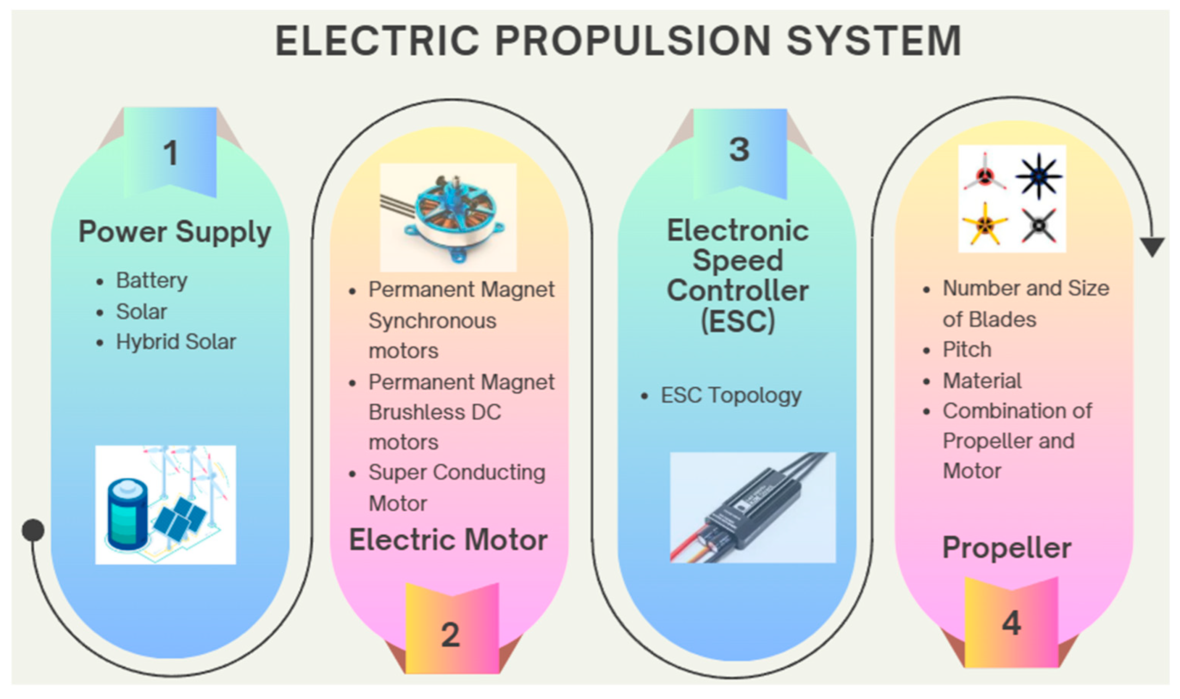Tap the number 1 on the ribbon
(x=171, y=153)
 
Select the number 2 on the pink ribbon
(x=450, y=635)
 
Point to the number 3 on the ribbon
(x=739, y=150)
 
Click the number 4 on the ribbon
(x=1011, y=623)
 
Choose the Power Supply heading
(x=175, y=232)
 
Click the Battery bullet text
(x=152, y=281)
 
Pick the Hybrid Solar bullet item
(x=176, y=342)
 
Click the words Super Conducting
(x=457, y=473)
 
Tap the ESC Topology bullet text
(x=731, y=395)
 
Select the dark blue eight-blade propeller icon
(x=1038, y=176)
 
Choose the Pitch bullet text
(x=967, y=350)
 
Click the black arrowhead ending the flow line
(x=1152, y=246)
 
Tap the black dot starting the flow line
(x=33, y=530)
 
